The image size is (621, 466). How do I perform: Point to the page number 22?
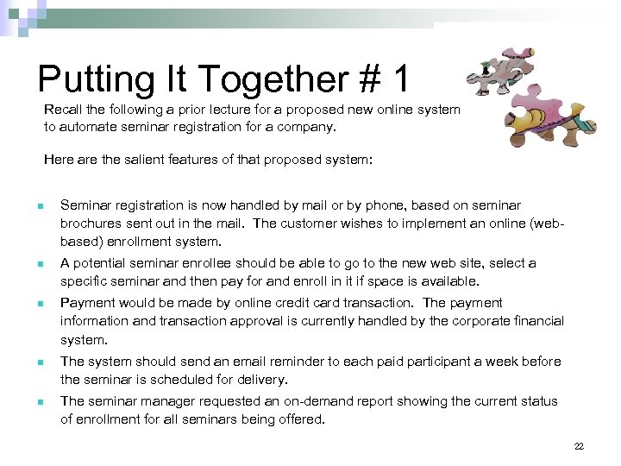pos(579,446)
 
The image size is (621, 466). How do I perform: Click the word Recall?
pos(64,110)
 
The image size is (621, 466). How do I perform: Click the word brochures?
pos(92,224)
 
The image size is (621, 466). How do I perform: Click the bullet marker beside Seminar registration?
pos(39,206)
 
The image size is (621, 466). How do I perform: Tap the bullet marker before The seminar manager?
pos(39,402)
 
